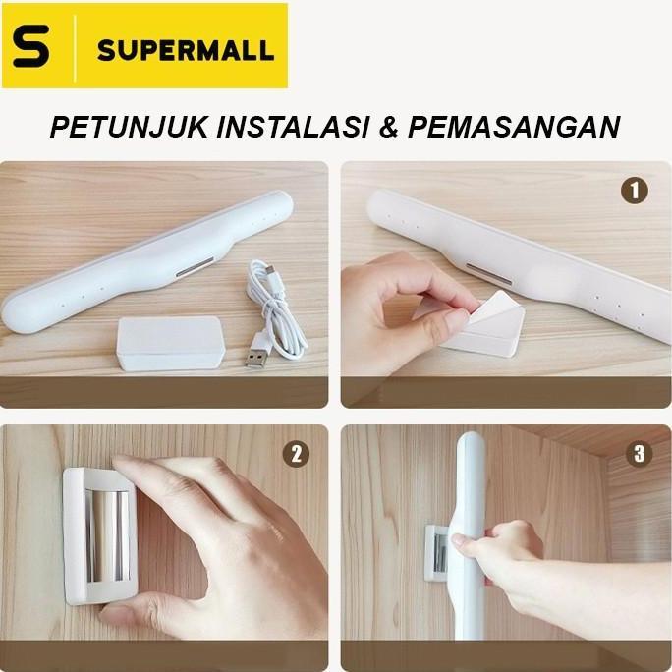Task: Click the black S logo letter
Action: (x=32, y=46)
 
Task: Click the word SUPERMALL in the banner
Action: (x=184, y=49)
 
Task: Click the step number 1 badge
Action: (x=634, y=191)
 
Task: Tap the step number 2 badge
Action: (x=295, y=454)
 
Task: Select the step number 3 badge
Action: (x=640, y=454)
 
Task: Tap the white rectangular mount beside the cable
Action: (x=170, y=343)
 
